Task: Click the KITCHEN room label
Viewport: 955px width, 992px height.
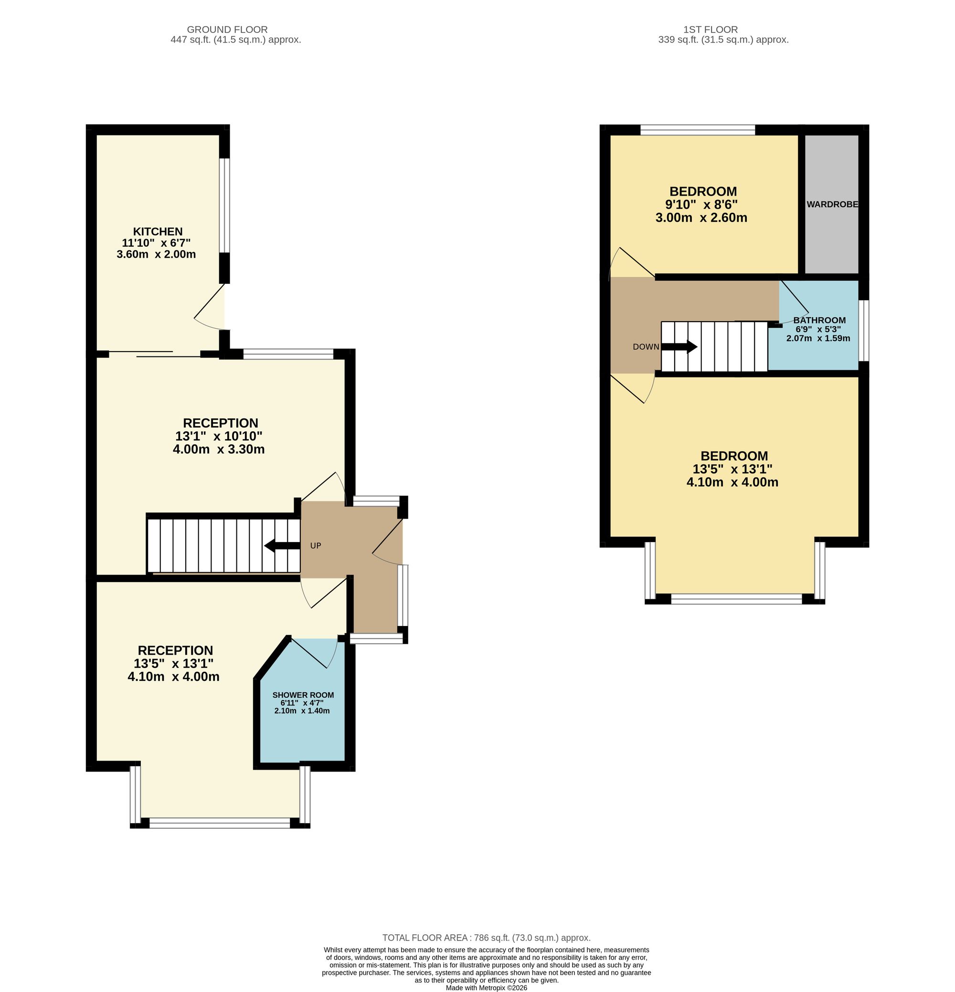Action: [158, 231]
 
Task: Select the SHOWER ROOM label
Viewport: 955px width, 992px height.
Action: [303, 695]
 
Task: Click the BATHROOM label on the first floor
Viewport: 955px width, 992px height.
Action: [819, 320]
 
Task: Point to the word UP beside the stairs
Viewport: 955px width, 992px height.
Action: [316, 545]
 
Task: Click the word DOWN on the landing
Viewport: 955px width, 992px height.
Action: [646, 347]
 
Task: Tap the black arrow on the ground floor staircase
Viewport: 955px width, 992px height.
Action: [282, 545]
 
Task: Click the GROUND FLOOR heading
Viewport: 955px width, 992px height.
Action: [227, 30]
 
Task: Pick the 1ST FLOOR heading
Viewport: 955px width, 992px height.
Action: [711, 30]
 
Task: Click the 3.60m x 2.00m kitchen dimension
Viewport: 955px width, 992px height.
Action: [156, 254]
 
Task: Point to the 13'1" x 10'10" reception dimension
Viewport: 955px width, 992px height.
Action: [219, 436]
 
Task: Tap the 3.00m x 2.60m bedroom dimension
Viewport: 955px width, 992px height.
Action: [701, 218]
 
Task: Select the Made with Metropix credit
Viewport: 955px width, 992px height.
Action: [486, 987]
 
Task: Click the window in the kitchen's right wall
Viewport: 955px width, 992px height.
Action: [224, 206]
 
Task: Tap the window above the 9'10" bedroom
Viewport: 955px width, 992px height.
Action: [697, 130]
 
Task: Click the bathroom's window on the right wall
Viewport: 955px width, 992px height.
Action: [864, 331]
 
